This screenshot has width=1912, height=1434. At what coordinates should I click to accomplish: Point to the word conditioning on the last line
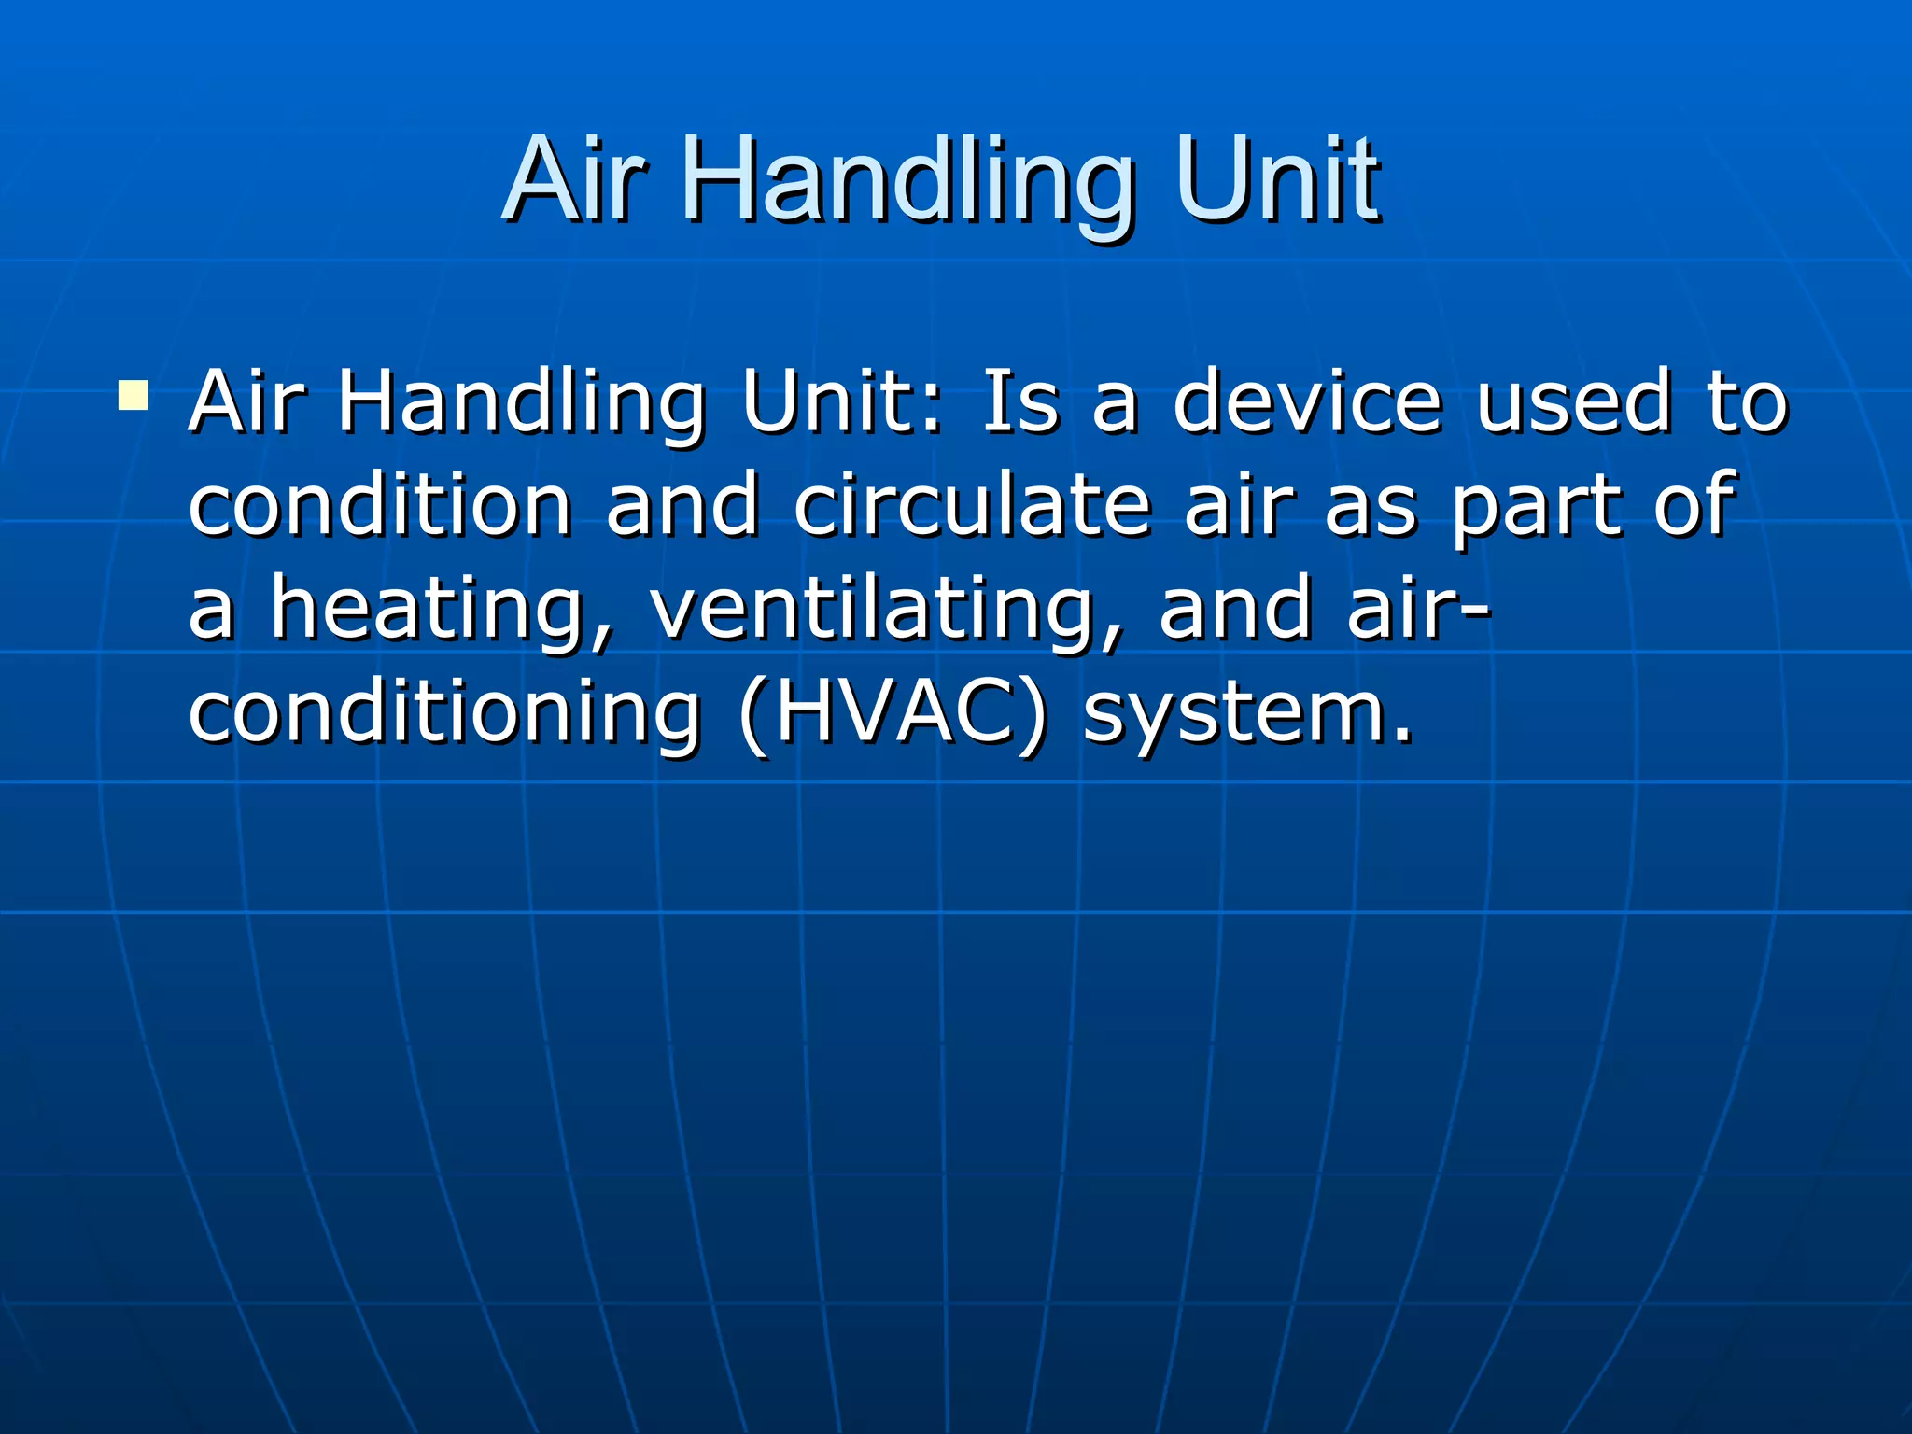[x=443, y=714]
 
